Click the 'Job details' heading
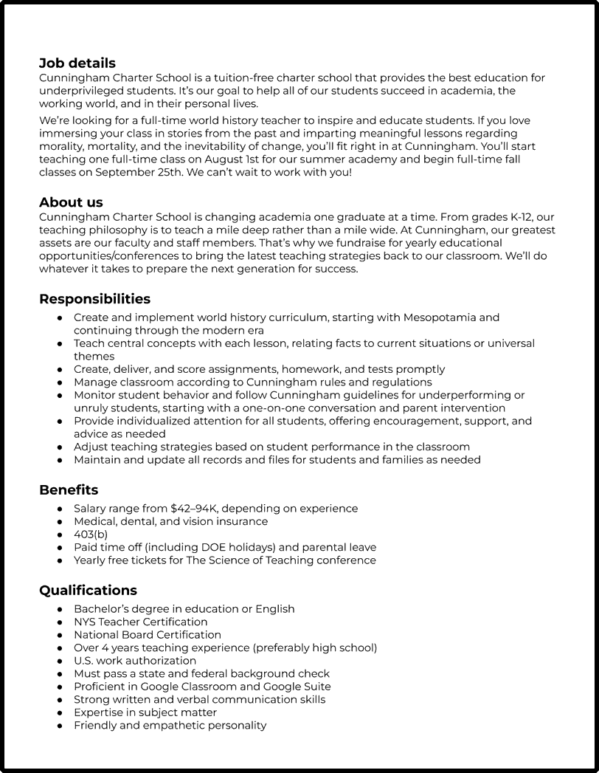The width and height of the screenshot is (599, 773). tap(77, 63)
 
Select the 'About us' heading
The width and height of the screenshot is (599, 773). tap(71, 202)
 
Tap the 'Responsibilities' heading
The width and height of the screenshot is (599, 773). tap(94, 298)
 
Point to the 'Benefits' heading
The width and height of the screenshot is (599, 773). tap(69, 489)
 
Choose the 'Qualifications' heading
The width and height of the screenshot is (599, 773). tap(88, 590)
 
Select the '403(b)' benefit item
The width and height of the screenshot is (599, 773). tap(91, 535)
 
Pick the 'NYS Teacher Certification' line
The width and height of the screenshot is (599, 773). tap(140, 622)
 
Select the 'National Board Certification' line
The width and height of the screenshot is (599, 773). tap(148, 635)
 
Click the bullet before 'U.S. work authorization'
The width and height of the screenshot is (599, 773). tap(59, 661)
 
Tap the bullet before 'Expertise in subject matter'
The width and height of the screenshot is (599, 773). tap(59, 712)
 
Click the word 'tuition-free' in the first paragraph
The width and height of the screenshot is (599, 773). tap(218, 78)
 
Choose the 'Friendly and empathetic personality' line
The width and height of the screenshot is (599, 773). tap(170, 725)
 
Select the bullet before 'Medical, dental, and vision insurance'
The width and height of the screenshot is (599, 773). tap(59, 522)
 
